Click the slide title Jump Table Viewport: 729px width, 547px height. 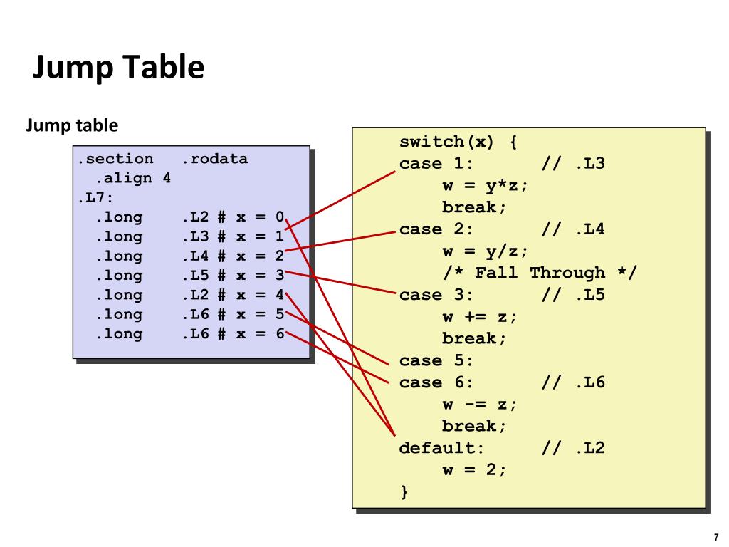point(119,68)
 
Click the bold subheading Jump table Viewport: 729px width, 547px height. point(72,126)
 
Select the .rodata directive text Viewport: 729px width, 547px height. point(215,159)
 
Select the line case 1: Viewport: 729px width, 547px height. point(436,164)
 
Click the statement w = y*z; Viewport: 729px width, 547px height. point(486,186)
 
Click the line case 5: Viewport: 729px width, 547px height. point(436,360)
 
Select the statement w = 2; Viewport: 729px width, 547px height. point(475,470)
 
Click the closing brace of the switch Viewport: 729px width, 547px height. point(404,492)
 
